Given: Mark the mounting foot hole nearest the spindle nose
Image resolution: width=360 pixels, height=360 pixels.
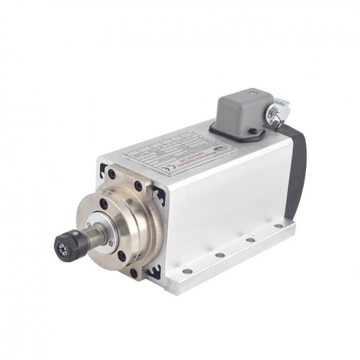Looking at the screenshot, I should click(186, 271).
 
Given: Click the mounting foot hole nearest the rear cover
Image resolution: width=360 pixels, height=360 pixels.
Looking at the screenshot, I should click(276, 225).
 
